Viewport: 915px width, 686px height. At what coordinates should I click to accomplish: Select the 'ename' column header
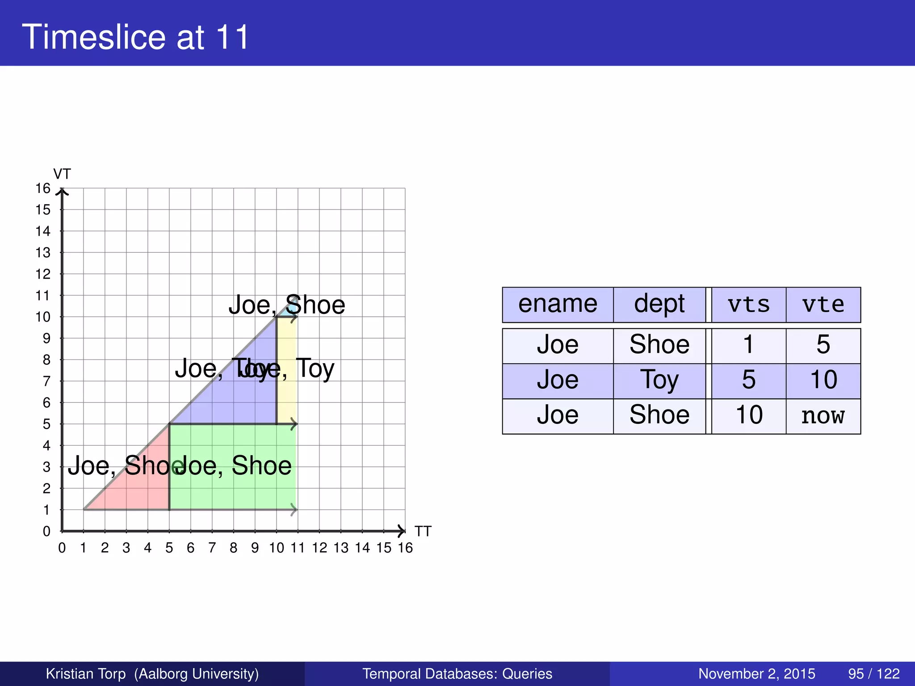click(558, 305)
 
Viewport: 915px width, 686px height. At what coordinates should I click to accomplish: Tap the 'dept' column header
click(659, 305)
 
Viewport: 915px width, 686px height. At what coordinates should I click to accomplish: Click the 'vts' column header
click(748, 305)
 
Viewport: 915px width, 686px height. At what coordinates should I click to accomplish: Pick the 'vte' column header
click(823, 305)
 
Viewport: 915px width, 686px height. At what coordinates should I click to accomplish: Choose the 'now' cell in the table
click(823, 416)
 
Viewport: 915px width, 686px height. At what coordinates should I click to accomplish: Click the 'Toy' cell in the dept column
click(659, 381)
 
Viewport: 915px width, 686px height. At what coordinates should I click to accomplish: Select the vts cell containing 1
click(748, 345)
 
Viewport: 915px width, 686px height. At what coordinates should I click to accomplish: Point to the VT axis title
click(62, 174)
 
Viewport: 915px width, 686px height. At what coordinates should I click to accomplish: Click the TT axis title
click(423, 531)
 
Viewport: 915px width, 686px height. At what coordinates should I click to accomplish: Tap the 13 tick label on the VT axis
click(43, 253)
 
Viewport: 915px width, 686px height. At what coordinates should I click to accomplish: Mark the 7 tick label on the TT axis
click(212, 548)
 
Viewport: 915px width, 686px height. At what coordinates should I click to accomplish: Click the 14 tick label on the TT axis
click(362, 548)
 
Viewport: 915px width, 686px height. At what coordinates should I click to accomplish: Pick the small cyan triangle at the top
click(286, 311)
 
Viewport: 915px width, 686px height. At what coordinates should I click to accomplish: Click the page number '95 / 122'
click(873, 673)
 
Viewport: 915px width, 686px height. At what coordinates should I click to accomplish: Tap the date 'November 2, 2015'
click(756, 673)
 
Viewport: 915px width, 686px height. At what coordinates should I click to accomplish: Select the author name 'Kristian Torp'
click(86, 673)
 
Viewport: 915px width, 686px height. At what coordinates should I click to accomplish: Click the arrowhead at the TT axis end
click(402, 531)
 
